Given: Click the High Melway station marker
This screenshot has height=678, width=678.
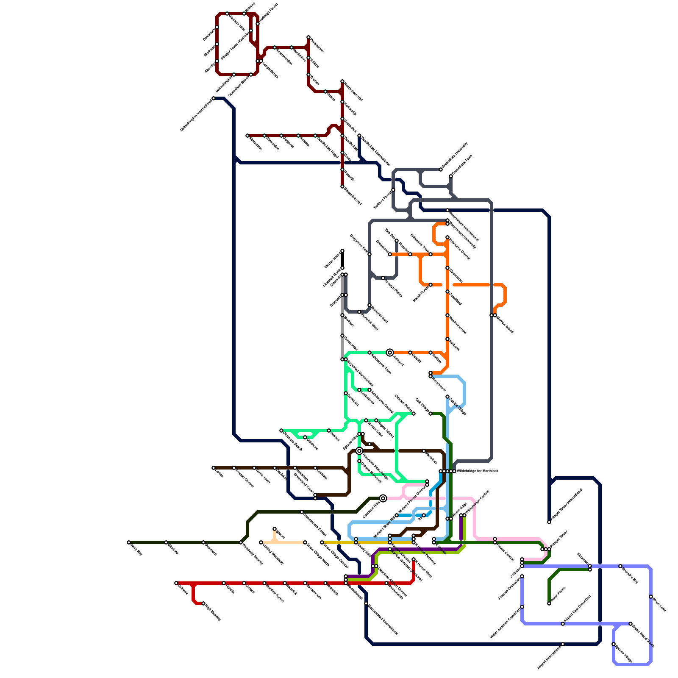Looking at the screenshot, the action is [x=203, y=603].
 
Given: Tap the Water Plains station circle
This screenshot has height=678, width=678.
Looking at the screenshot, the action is [x=549, y=603].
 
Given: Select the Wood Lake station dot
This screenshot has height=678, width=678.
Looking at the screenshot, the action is [x=651, y=597].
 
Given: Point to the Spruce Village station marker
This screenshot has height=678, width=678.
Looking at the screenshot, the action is [x=614, y=644].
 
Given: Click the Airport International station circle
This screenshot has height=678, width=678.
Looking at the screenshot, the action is [x=563, y=644].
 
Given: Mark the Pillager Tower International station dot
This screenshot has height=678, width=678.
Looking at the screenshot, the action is [x=549, y=522].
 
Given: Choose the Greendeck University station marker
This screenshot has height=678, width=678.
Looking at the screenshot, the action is [x=441, y=169].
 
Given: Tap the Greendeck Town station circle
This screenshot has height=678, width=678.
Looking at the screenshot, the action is [x=451, y=176].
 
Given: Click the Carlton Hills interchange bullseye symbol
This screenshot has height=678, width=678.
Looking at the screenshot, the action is [x=383, y=498].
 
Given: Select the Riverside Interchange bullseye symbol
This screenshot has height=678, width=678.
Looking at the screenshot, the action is [x=359, y=451].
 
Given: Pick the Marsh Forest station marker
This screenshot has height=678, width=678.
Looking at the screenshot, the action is [x=431, y=285].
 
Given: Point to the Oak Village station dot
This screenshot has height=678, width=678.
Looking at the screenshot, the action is [x=431, y=414].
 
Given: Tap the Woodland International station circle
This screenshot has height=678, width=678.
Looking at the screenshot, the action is [x=366, y=603].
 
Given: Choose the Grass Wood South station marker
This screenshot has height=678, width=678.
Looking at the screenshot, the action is [x=631, y=624].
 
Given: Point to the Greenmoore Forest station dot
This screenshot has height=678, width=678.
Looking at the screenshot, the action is [x=302, y=512].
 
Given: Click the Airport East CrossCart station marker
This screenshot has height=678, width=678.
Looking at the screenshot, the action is [x=563, y=624].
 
